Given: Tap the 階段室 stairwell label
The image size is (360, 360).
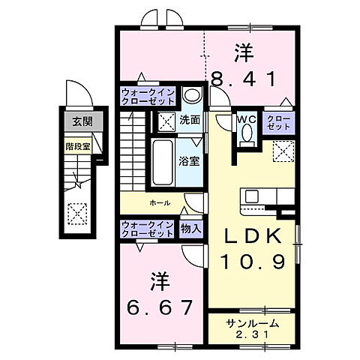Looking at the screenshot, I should click(x=74, y=147).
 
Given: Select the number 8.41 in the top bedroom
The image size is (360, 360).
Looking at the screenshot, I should click(x=244, y=76).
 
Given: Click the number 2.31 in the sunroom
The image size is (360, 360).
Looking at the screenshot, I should click(x=253, y=335).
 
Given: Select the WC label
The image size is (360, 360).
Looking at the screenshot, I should click(x=247, y=118).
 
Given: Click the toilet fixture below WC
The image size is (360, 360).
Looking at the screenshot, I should click(x=247, y=135).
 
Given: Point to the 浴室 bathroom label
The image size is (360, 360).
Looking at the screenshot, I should click(x=187, y=159).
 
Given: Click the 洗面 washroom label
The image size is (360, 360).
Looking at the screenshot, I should click(x=189, y=119).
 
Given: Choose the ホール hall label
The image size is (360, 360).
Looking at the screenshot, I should click(x=159, y=203).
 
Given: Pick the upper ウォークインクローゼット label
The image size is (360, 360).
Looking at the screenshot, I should click(x=148, y=97).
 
